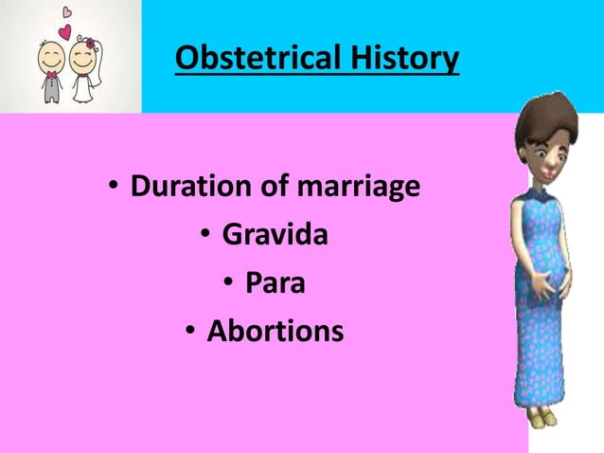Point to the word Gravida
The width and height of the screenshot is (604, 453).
(275, 234)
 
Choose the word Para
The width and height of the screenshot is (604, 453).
(275, 282)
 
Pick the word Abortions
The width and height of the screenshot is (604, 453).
(275, 331)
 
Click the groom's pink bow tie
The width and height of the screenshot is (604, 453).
(51, 74)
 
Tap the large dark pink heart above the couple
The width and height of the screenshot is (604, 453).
(64, 31)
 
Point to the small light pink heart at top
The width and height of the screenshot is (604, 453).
(67, 11)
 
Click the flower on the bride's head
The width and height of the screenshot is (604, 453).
(91, 44)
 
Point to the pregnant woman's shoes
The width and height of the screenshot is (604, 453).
(541, 417)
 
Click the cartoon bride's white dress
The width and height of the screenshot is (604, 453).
(83, 89)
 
